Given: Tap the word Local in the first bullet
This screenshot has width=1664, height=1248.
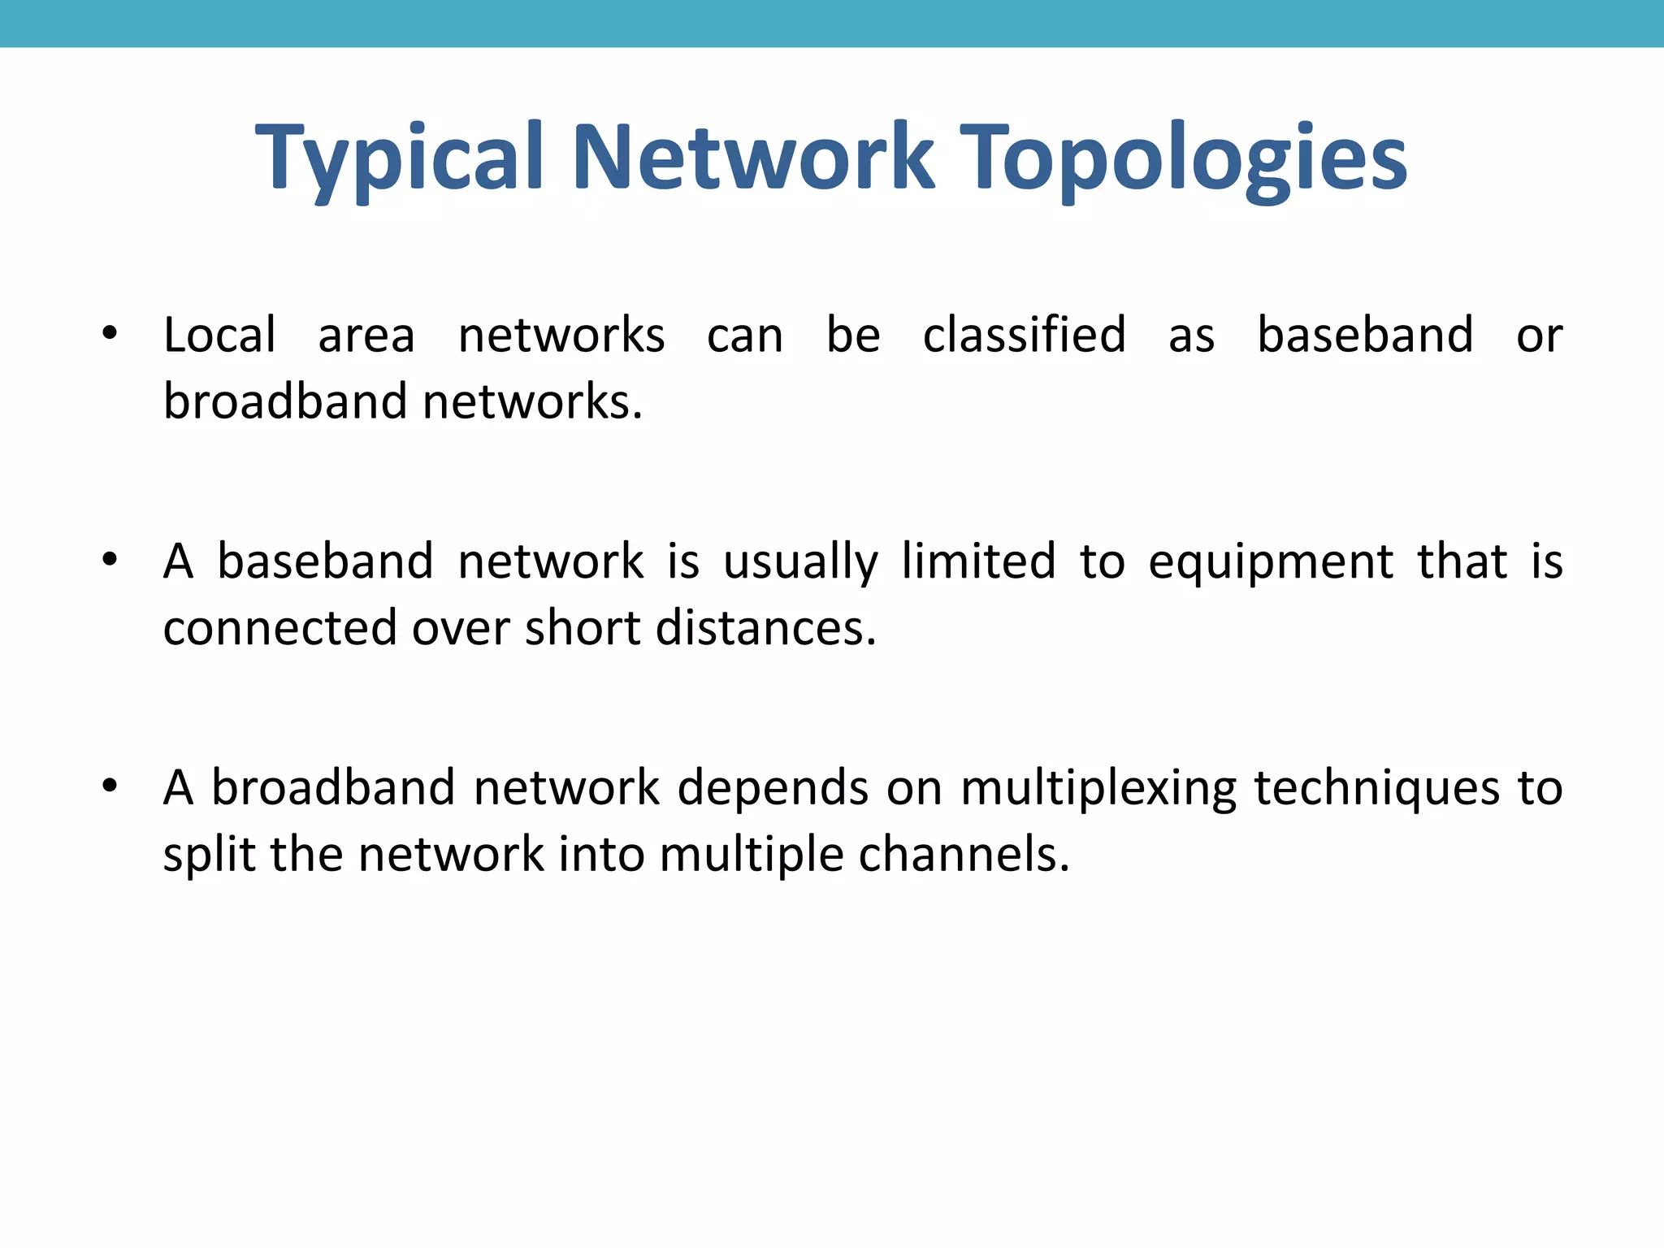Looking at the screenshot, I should click(219, 335).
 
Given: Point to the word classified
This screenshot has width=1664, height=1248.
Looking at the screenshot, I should click(1024, 335).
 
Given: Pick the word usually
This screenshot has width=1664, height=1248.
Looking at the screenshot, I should click(800, 562).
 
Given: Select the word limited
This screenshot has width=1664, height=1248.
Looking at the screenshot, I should click(978, 561).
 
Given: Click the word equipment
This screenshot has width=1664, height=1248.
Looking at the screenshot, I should click(1271, 562).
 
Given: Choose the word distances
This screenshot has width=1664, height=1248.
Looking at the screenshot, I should click(765, 628).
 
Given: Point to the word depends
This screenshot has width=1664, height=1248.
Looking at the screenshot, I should click(773, 789).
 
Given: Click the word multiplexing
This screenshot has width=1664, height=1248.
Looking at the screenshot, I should click(1098, 789).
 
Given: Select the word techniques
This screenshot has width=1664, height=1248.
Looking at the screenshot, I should click(1377, 789).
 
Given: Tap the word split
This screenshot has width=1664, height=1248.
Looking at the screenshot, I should click(210, 855).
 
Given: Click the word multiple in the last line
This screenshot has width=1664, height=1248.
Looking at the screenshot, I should click(752, 855).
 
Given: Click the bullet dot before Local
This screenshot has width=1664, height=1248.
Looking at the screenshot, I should click(110, 332).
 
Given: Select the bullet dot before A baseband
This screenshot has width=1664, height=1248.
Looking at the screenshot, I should click(110, 559).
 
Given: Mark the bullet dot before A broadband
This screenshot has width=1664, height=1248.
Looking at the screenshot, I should click(110, 786).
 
